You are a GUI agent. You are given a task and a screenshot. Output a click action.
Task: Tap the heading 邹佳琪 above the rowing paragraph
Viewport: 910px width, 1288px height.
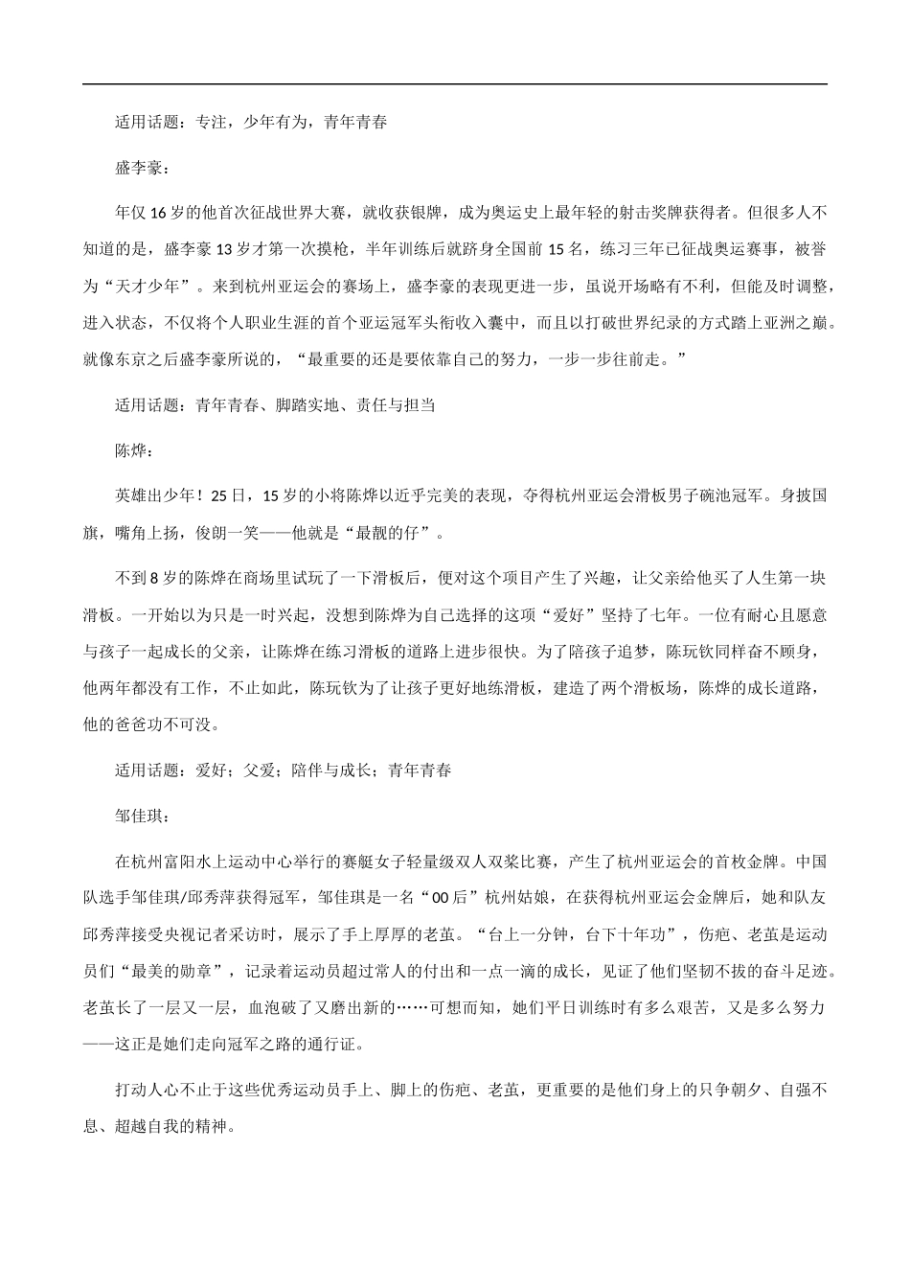tap(142, 817)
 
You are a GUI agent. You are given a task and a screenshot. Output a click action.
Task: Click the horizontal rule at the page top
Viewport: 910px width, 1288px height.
tap(455, 84)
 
